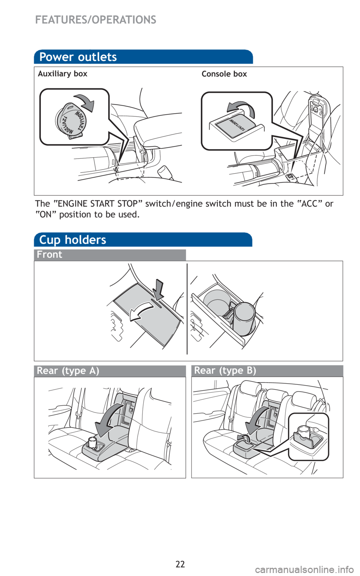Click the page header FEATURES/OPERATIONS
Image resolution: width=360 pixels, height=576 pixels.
(x=96, y=20)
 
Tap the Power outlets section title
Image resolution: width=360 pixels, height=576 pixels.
(x=78, y=57)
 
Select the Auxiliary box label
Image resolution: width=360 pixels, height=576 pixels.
(x=63, y=74)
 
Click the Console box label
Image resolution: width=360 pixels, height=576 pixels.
(x=224, y=74)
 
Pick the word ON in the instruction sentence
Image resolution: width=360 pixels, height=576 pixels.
(x=46, y=214)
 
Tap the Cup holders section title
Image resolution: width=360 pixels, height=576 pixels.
(x=72, y=240)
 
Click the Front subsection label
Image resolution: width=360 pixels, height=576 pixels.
(x=49, y=255)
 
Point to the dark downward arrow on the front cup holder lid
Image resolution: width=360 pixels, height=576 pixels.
(x=157, y=289)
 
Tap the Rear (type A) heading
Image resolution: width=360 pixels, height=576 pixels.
(x=68, y=371)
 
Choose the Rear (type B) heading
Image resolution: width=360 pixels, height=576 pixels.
(x=225, y=370)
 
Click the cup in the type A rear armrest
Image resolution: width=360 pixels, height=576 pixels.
(x=92, y=443)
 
